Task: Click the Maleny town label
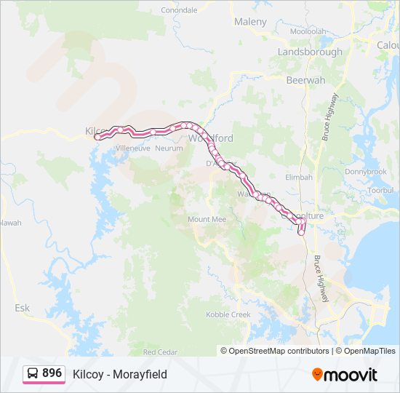click(x=250, y=22)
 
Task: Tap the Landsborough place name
click(x=310, y=52)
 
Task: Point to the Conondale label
click(x=179, y=10)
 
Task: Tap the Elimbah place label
click(x=299, y=177)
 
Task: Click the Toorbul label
click(x=380, y=190)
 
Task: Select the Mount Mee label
click(x=207, y=219)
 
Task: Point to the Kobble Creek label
click(x=228, y=314)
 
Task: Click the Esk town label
click(x=23, y=308)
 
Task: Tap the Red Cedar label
click(x=160, y=352)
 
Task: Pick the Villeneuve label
click(x=132, y=148)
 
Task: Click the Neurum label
click(x=169, y=148)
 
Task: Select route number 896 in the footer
click(x=52, y=373)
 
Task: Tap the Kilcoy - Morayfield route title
click(x=120, y=374)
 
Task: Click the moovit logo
click(x=345, y=374)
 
